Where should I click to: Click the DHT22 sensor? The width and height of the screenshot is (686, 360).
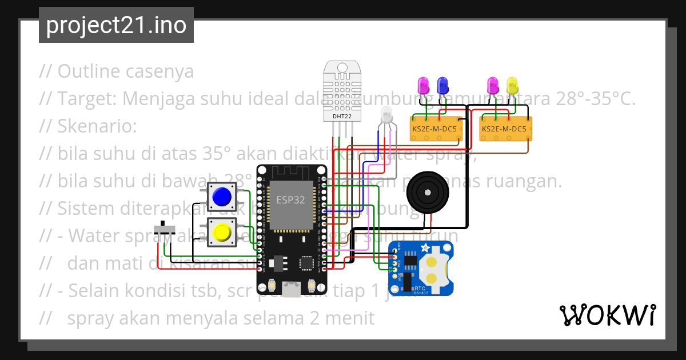(x=342, y=91)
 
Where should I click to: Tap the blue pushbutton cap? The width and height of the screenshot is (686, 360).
(x=221, y=197)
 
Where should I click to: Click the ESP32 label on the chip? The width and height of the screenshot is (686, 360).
(x=290, y=200)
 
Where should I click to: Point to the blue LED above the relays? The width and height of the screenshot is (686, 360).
(x=442, y=86)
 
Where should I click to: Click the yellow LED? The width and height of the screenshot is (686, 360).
(x=512, y=86)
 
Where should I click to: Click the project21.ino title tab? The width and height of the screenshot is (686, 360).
(x=116, y=25)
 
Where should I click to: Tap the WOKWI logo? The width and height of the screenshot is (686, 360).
(x=608, y=315)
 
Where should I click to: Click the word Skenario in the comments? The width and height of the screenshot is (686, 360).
(x=97, y=126)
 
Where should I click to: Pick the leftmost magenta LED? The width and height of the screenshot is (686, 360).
(x=424, y=86)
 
